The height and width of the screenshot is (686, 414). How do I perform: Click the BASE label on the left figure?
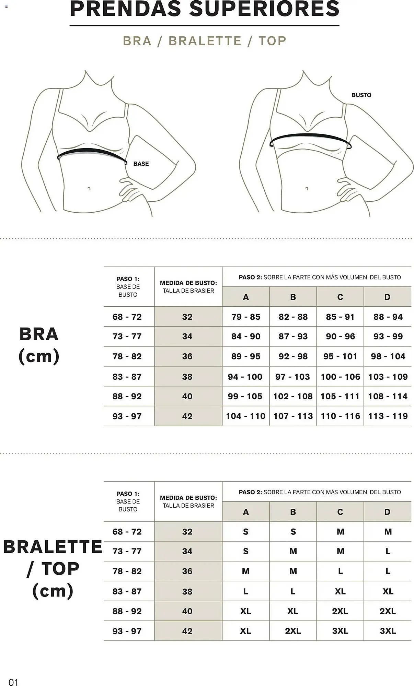coord(141,164)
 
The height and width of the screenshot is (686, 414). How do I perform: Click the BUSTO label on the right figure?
coord(361,95)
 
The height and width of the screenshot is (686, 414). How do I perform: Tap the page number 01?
coord(13,682)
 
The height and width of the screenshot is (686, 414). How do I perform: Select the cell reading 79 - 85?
coord(246,317)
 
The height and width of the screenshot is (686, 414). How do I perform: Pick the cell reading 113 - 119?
coord(388,416)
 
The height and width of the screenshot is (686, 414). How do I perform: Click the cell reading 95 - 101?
coord(340,356)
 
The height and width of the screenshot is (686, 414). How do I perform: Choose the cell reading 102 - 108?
coord(293,397)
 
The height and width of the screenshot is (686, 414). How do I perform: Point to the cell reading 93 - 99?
coord(388,336)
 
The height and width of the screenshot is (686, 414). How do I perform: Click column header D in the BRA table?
coord(387,297)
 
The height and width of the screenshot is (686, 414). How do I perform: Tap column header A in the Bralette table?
coord(246,512)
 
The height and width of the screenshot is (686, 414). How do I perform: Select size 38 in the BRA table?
coord(187,377)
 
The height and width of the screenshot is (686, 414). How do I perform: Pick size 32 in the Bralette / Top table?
coord(187,532)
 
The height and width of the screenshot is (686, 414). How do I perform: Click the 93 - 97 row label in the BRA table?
coord(127,416)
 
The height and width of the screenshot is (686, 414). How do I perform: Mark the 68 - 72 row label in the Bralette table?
coord(127,532)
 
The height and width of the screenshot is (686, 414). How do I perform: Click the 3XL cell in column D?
coord(388,631)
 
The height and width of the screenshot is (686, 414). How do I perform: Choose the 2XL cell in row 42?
coord(293,631)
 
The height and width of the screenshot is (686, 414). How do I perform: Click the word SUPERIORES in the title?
coord(264,9)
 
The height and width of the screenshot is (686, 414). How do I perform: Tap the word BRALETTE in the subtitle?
coord(205,41)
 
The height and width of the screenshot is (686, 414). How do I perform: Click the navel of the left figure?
coord(89,188)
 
